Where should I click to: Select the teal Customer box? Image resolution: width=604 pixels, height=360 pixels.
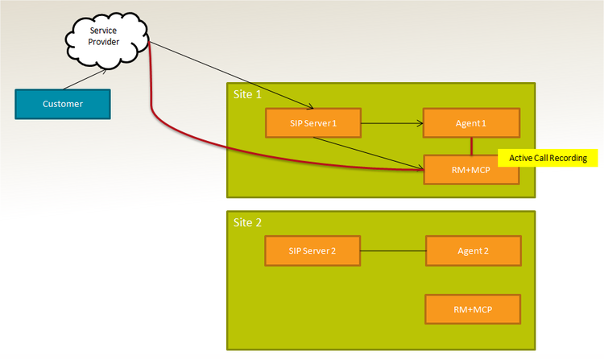pyautogui.click(x=63, y=103)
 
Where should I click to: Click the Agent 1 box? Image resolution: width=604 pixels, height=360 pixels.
pyautogui.click(x=472, y=123)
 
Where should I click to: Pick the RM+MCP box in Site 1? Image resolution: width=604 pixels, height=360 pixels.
pyautogui.click(x=472, y=169)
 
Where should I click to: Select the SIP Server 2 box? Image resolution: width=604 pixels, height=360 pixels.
pyautogui.click(x=312, y=250)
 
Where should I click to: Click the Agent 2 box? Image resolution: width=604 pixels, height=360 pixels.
pyautogui.click(x=474, y=250)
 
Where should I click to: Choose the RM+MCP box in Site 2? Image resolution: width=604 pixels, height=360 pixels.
pyautogui.click(x=474, y=308)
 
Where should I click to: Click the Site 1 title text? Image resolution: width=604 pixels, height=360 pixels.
pyautogui.click(x=247, y=94)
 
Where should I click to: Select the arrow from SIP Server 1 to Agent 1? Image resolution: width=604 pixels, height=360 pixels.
pyautogui.click(x=391, y=123)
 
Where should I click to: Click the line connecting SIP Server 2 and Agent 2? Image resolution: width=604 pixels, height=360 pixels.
pyautogui.click(x=393, y=250)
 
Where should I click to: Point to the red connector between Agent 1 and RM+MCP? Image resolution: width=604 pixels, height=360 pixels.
pyautogui.click(x=472, y=146)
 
